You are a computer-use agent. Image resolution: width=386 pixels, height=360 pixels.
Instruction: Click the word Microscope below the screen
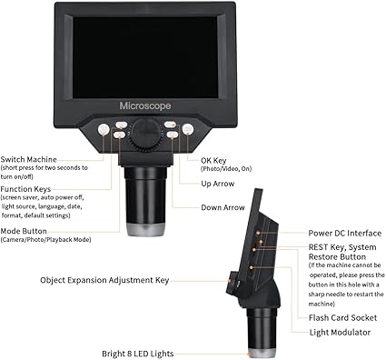click(145, 106)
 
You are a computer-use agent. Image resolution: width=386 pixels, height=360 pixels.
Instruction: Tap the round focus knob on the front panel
click(145, 135)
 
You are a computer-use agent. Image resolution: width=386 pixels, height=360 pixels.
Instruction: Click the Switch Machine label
click(28, 160)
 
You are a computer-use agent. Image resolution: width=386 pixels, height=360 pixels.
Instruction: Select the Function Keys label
click(25, 189)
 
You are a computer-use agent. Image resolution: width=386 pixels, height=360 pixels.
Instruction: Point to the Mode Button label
click(24, 231)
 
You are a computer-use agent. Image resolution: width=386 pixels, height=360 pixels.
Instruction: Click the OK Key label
click(213, 161)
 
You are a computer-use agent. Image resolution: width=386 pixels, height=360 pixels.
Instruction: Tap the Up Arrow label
click(218, 184)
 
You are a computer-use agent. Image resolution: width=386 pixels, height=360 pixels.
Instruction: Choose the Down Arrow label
click(223, 207)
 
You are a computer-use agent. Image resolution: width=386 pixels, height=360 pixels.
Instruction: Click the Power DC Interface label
click(345, 234)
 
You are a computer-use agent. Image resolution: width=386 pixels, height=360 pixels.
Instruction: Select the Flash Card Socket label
click(342, 318)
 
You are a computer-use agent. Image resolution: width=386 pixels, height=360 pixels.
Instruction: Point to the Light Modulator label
click(340, 333)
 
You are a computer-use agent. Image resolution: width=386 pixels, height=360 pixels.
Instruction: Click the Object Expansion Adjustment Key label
click(104, 280)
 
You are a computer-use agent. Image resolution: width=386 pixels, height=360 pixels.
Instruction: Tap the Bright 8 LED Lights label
click(138, 354)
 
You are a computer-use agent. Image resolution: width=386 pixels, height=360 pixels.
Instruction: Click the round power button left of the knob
click(104, 130)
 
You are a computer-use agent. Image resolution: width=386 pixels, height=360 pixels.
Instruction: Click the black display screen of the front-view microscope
click(145, 57)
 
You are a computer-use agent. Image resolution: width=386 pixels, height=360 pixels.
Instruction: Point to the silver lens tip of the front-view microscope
click(146, 230)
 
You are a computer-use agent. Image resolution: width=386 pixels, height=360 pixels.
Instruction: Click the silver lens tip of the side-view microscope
click(262, 354)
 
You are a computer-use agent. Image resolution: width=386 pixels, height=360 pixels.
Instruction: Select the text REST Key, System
click(342, 247)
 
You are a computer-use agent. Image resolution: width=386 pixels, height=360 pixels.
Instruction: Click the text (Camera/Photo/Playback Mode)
click(45, 240)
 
